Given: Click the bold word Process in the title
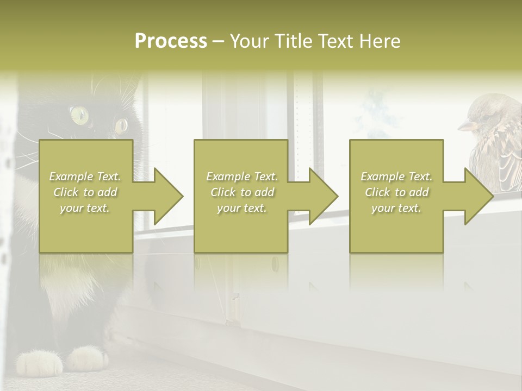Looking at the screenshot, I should pos(171,41).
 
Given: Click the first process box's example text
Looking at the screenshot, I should pos(85,192).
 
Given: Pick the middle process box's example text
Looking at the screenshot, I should pos(242,192).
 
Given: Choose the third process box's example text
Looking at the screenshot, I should pos(396,192).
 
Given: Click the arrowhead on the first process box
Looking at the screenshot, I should pos(167,196).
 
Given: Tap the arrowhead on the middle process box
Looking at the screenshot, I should pos(322,196).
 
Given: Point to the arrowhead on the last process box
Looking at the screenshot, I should pos(477,196).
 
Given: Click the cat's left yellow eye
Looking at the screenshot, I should pos(79,114).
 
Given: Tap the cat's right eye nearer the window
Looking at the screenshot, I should pos(121,125).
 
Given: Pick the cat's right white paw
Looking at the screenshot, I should pos(86,359).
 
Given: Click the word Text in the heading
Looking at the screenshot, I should pos(338,41).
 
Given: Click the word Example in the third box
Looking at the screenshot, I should pos(382,176).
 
